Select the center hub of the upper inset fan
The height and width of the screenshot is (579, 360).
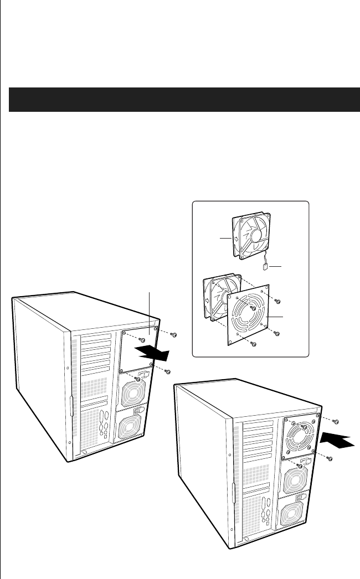click(x=259, y=235)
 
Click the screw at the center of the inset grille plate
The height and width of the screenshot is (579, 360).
click(x=252, y=308)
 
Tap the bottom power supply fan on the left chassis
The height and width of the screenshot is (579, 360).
click(x=129, y=423)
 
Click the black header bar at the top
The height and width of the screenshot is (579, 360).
click(x=180, y=100)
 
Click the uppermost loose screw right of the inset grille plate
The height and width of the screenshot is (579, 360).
click(x=277, y=301)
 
